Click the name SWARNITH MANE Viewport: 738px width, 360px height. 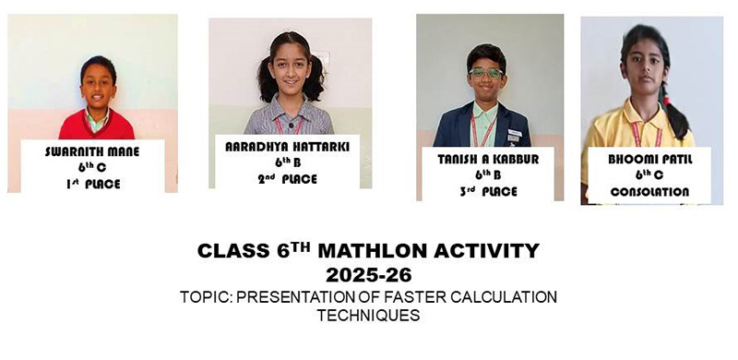92,151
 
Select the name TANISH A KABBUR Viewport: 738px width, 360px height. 488,158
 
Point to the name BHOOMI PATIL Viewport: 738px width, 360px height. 649,160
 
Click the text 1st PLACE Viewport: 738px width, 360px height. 92,185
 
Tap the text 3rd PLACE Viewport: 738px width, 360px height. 488,191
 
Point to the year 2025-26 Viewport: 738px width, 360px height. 368,274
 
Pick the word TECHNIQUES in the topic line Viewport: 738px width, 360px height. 368,315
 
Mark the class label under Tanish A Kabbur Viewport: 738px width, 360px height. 488,174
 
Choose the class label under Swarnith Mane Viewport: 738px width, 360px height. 92,168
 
